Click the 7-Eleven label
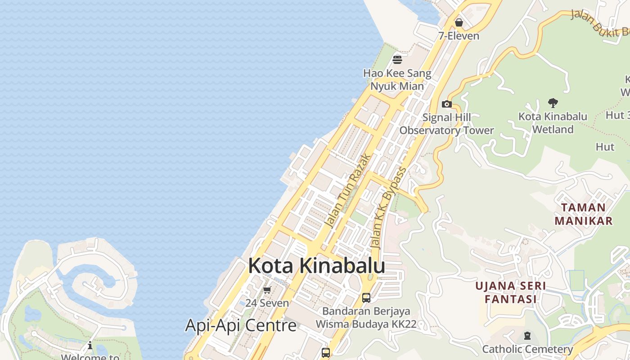click(x=459, y=36)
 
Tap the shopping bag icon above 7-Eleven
click(x=459, y=22)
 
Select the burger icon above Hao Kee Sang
click(x=397, y=59)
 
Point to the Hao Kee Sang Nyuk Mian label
click(x=397, y=80)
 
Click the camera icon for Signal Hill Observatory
click(x=446, y=104)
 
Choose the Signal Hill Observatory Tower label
click(x=446, y=124)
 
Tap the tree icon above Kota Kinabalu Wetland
click(x=553, y=103)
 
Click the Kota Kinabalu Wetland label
click(x=553, y=123)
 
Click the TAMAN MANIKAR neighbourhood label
click(x=583, y=214)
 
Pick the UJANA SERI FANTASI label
click(x=511, y=292)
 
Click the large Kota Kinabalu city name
click(x=316, y=266)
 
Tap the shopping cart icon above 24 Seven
click(x=267, y=290)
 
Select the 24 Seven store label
click(x=267, y=303)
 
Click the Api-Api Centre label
click(x=241, y=325)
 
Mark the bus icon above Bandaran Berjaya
click(x=366, y=297)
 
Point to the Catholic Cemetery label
click(x=527, y=349)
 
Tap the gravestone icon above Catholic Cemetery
click(x=527, y=336)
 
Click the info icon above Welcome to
click(x=90, y=346)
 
